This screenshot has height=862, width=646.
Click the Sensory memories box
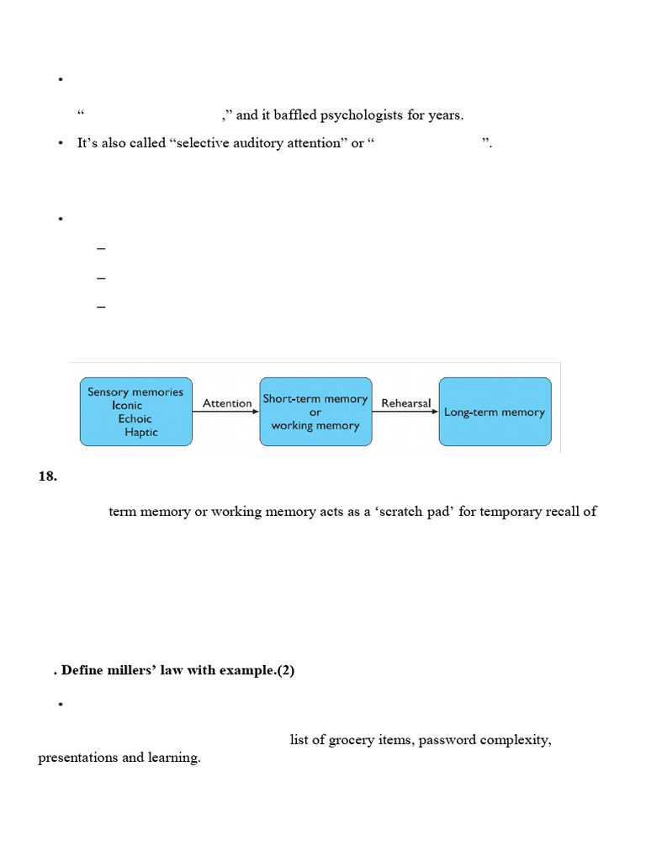[135, 412]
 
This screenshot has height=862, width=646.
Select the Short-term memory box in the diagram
[315, 412]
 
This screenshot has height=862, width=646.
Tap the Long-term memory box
[495, 412]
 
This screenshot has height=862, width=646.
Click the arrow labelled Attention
[226, 412]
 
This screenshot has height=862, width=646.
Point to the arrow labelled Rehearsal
[405, 412]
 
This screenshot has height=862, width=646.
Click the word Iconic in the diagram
[127, 405]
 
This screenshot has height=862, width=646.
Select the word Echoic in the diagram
[135, 418]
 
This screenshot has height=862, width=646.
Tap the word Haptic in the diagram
[140, 432]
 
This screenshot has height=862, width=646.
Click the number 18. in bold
[47, 476]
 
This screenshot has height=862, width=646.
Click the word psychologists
[363, 114]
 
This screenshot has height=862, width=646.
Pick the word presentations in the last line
[78, 758]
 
